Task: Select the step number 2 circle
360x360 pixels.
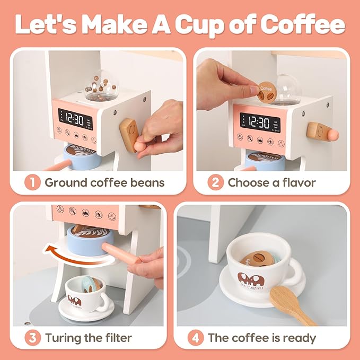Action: coord(216,183)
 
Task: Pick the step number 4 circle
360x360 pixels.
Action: coord(195,338)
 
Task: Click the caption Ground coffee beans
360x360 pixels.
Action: coord(104,183)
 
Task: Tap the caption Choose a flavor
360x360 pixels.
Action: coord(271,183)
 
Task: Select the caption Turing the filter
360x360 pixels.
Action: coord(89,338)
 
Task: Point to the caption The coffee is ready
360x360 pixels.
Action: coord(262,338)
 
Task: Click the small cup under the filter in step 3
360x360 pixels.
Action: coord(85,295)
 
